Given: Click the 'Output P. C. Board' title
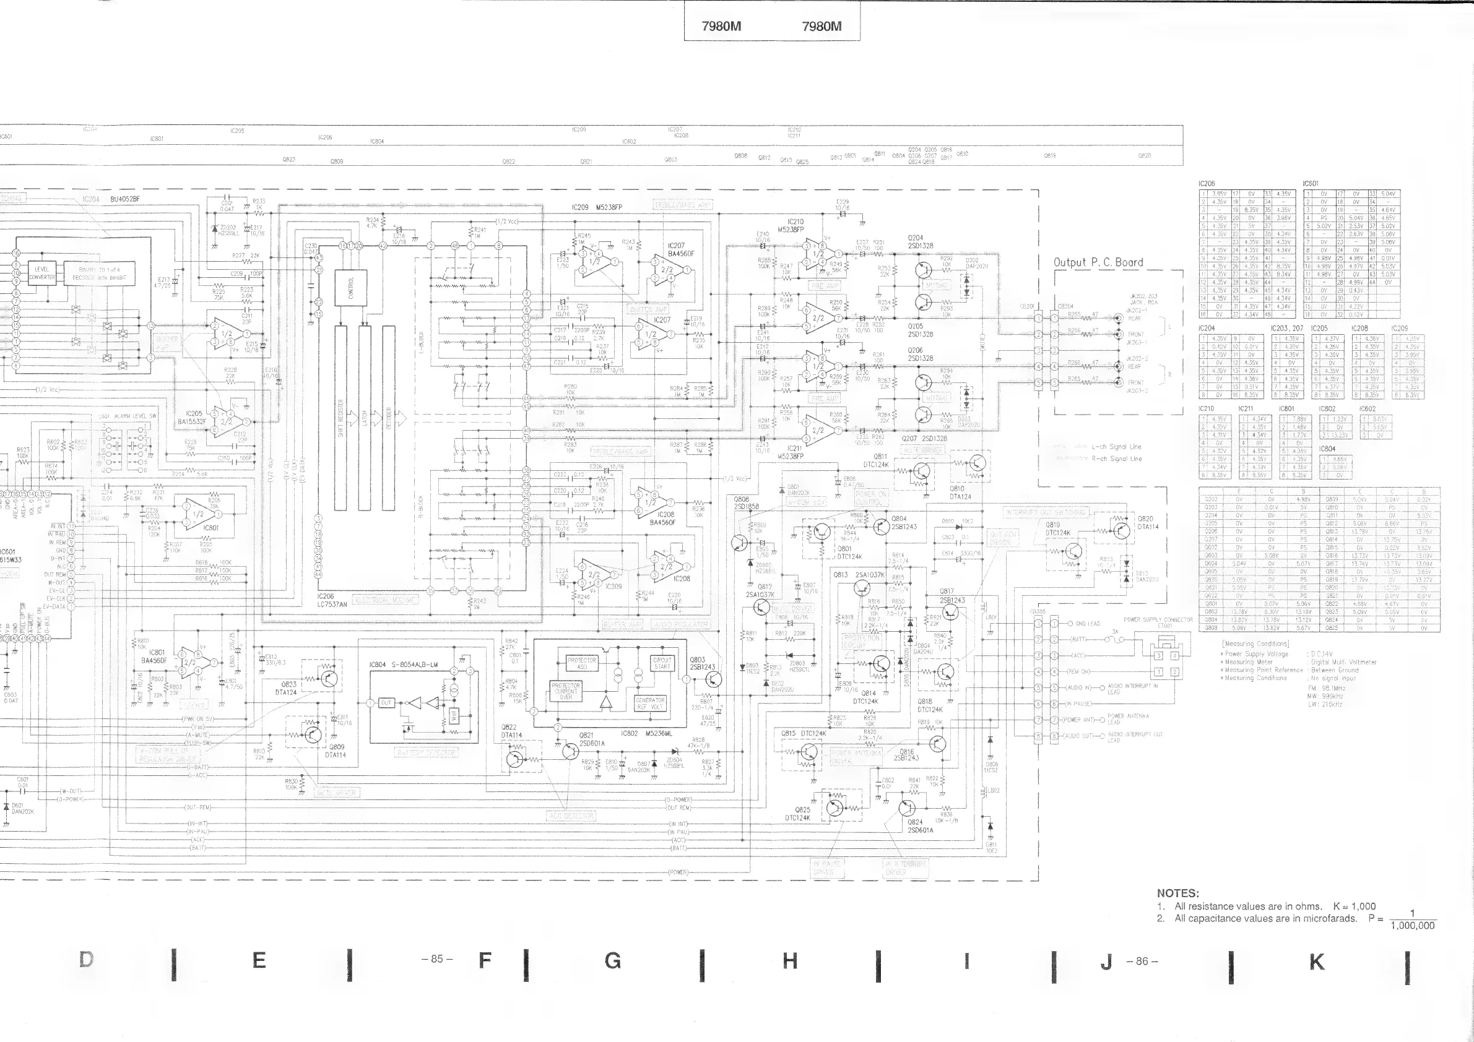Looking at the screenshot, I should point(1098,262).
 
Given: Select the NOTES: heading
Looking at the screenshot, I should point(1178,893).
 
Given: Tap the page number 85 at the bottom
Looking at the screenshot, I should point(437,959).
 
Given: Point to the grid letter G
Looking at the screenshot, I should point(612,960).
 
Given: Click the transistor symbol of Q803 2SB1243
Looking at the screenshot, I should point(712,679).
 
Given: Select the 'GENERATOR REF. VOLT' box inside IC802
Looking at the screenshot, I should point(649,703).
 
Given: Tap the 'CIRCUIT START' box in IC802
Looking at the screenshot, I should point(662,663).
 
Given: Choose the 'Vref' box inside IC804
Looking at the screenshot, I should point(453,716).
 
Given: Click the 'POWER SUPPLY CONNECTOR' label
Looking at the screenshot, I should point(1158,620).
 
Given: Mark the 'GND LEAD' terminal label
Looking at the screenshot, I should point(1088,624).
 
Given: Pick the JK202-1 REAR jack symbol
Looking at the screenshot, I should point(1118,317).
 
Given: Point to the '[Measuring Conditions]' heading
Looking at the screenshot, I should point(1246,644).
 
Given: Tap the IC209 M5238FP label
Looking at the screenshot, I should point(596,207).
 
